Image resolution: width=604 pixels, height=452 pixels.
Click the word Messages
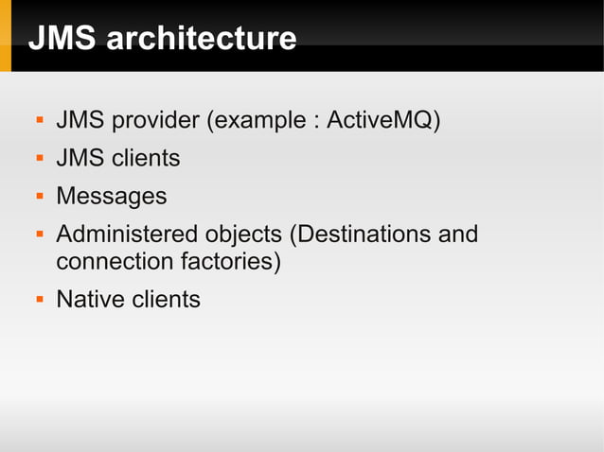tap(111, 196)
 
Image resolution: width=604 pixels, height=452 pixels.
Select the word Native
tap(90, 300)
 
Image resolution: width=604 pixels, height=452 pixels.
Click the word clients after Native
tap(166, 300)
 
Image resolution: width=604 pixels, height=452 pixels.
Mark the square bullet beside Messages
tap(39, 197)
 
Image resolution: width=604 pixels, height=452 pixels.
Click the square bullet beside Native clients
tap(39, 301)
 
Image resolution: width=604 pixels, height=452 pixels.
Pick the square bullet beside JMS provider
tap(39, 122)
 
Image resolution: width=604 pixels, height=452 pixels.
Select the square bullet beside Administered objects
tap(39, 235)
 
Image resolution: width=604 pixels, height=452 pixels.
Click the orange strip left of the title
tap(6, 36)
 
